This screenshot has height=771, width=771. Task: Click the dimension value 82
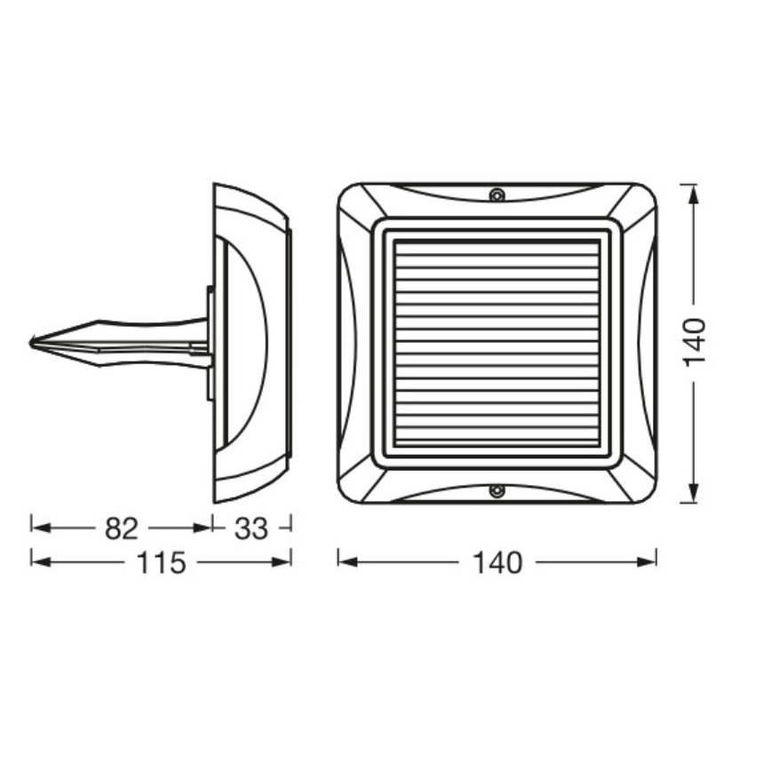[x=122, y=529]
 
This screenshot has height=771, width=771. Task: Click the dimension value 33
[x=251, y=529]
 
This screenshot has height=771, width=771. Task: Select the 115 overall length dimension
[x=162, y=562]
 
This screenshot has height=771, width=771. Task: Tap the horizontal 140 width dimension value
[x=498, y=562]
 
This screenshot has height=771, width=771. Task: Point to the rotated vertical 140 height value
[x=695, y=342]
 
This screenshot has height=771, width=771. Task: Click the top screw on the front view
[x=497, y=195]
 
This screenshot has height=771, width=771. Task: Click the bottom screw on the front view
[x=497, y=489]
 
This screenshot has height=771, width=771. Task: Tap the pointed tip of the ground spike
[x=32, y=342]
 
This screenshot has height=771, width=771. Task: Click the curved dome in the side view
[x=244, y=342]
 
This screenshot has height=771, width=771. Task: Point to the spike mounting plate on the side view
[x=210, y=342]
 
